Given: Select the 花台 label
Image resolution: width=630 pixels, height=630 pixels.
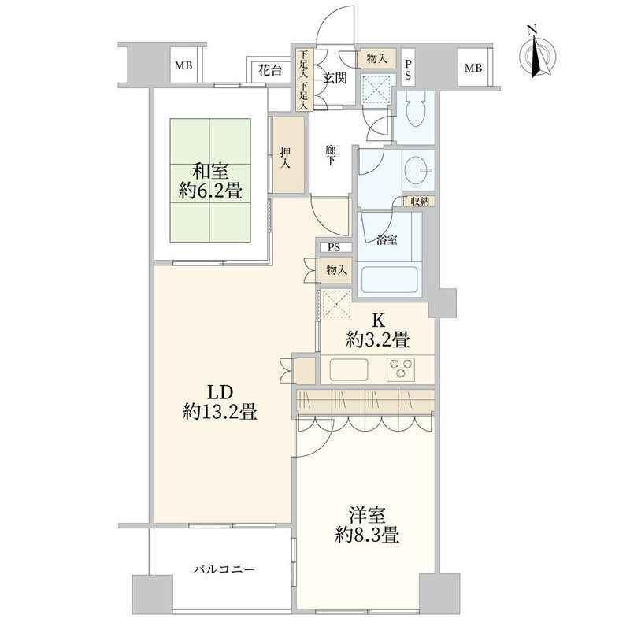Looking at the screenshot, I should pos(270,69).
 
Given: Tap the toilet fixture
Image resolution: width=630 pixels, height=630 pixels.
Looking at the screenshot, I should pos(414,114).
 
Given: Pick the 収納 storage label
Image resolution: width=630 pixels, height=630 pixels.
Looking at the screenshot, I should pos(419,202).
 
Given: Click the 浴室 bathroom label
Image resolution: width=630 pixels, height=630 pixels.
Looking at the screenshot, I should pos(390,241).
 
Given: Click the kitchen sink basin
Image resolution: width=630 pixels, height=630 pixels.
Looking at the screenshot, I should pos(346,368).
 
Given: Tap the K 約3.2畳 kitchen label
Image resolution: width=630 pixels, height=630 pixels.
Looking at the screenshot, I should pos(377,332).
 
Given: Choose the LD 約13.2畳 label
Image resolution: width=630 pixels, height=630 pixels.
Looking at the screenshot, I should pos(220,401).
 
